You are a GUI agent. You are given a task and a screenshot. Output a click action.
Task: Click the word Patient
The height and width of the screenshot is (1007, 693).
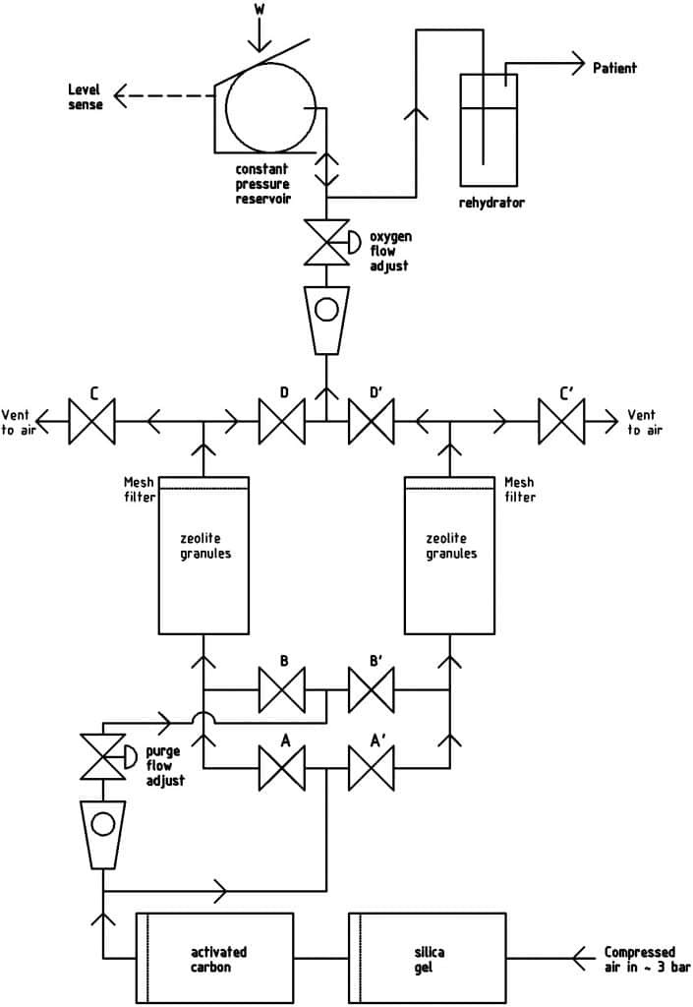point(614,68)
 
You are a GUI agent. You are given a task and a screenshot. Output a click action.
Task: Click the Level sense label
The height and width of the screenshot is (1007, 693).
point(85,96)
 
